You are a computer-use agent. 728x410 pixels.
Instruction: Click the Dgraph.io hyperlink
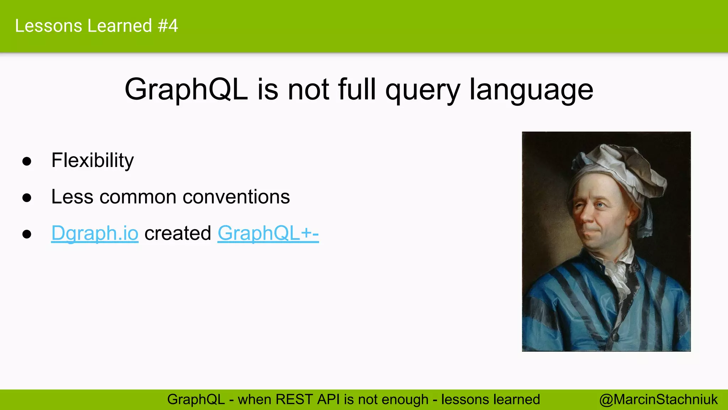point(95,233)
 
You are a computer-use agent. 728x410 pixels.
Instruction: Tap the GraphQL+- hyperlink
point(268,233)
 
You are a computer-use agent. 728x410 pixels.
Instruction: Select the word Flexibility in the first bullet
point(92,161)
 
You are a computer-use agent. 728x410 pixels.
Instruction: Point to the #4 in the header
point(168,26)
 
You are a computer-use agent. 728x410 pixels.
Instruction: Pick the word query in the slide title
point(423,90)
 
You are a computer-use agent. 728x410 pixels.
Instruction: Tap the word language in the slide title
point(531,90)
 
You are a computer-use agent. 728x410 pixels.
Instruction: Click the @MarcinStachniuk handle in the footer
point(658,400)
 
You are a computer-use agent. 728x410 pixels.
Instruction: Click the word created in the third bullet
point(178,233)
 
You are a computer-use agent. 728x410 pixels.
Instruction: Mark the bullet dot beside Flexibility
point(27,161)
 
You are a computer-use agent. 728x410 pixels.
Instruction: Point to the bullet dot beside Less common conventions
point(27,198)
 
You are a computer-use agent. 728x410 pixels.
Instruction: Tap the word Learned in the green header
point(119,26)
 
